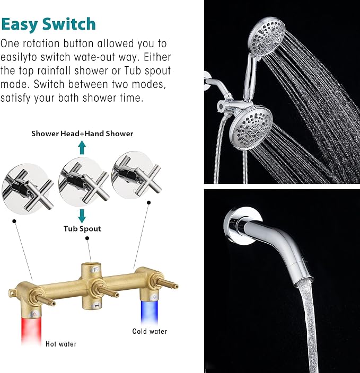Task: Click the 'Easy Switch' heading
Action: click(x=48, y=24)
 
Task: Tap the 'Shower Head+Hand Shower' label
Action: click(x=82, y=134)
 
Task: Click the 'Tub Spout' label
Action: click(x=82, y=228)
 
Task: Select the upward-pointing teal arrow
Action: click(x=82, y=147)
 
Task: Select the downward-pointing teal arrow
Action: click(x=82, y=216)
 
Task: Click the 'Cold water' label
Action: click(x=150, y=331)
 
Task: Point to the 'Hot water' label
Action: click(x=61, y=344)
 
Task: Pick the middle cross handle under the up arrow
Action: click(x=83, y=182)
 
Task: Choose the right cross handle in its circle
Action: click(x=136, y=176)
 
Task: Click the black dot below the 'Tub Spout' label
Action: click(x=87, y=238)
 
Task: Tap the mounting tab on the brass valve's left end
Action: click(x=13, y=293)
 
